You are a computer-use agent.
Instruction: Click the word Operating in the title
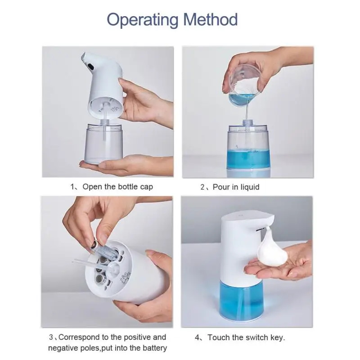pyautogui.click(x=143, y=20)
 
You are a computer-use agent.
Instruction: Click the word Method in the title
pyautogui.click(x=210, y=19)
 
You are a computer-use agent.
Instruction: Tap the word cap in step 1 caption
pyautogui.click(x=147, y=187)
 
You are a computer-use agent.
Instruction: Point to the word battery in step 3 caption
pyautogui.click(x=155, y=348)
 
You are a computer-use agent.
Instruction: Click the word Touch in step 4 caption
pyautogui.click(x=219, y=337)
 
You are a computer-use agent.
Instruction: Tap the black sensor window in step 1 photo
pyautogui.click(x=90, y=67)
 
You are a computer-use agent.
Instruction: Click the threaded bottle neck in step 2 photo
pyautogui.click(x=247, y=123)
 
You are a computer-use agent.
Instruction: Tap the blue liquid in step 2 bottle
pyautogui.click(x=248, y=159)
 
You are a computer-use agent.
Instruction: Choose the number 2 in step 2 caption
pyautogui.click(x=202, y=187)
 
